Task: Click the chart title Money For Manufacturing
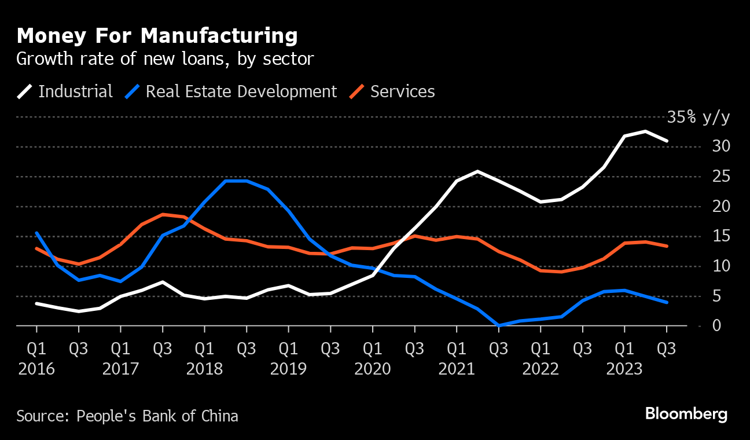click(x=157, y=36)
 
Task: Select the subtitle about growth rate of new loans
click(x=165, y=58)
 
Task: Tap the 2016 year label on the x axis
click(x=36, y=369)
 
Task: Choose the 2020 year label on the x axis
click(x=372, y=369)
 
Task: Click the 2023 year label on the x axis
click(x=624, y=369)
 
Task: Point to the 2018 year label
click(x=204, y=369)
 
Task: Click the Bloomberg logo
click(x=686, y=415)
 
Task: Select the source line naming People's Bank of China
click(x=127, y=416)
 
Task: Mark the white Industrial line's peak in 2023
click(x=645, y=131)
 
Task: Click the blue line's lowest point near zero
click(x=499, y=325)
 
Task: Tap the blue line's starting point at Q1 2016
click(x=36, y=233)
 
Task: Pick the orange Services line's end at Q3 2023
click(x=667, y=246)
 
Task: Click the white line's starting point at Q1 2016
click(x=36, y=303)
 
